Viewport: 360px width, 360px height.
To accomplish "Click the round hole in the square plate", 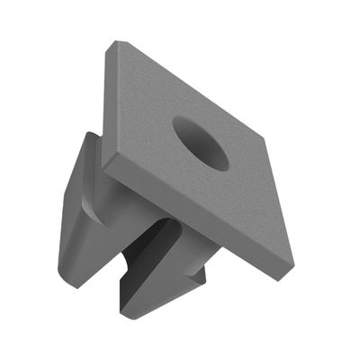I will tap(201, 144).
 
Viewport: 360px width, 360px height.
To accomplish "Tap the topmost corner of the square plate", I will tap(112, 42).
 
